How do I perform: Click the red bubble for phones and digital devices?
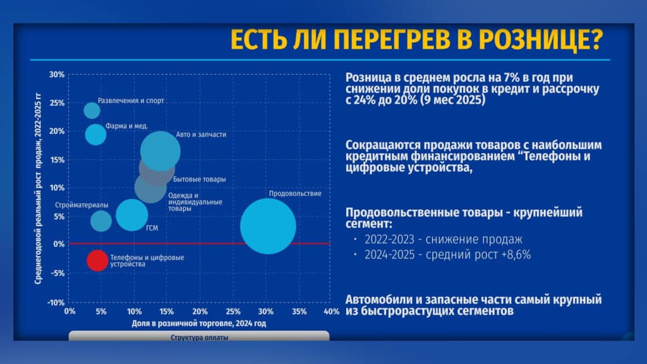(x=97, y=260)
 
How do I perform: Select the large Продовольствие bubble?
(x=268, y=226)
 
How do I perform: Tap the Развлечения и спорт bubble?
(x=92, y=110)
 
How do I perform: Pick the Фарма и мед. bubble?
(x=95, y=135)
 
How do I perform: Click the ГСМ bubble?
(x=131, y=215)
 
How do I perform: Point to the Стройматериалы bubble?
(x=100, y=221)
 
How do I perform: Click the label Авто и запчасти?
(x=201, y=135)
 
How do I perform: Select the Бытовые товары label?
(x=199, y=179)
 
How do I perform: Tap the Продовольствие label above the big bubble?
(x=295, y=193)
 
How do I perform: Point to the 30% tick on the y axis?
(x=56, y=75)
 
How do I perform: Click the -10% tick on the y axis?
(x=56, y=303)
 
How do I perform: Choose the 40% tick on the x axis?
(x=331, y=312)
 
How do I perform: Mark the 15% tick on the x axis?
(x=166, y=312)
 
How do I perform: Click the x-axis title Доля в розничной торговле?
(x=199, y=324)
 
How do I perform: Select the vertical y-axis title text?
(x=38, y=188)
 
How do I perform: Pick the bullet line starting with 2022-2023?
(x=443, y=240)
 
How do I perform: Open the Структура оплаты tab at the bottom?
(x=199, y=336)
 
